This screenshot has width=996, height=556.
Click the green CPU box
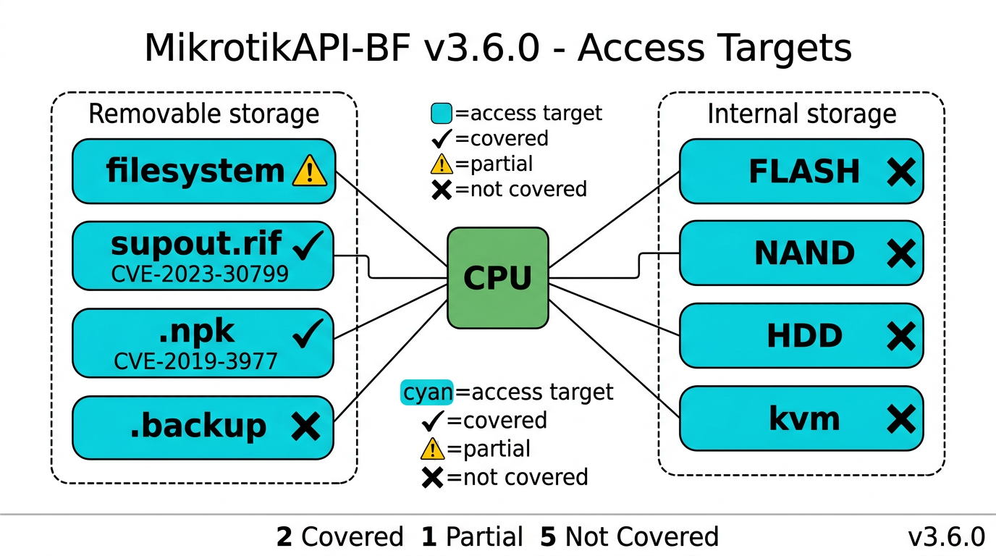click(x=497, y=279)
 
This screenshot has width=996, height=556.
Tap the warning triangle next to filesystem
click(x=310, y=172)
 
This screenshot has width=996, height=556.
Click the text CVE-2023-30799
click(x=200, y=274)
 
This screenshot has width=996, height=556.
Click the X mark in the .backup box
click(x=305, y=426)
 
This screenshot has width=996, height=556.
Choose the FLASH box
click(x=801, y=172)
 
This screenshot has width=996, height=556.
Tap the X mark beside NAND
click(x=900, y=253)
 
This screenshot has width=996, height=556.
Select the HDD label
click(x=805, y=336)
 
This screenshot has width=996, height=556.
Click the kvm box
click(x=801, y=419)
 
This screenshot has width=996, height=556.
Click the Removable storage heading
click(x=203, y=114)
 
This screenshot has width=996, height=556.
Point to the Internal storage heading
click(x=801, y=114)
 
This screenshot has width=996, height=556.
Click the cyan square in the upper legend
click(x=441, y=113)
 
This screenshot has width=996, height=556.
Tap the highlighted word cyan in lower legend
click(x=427, y=392)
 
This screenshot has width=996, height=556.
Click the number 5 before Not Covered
click(x=549, y=537)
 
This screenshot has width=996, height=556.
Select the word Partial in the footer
click(x=484, y=537)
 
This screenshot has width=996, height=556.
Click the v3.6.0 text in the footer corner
click(x=946, y=537)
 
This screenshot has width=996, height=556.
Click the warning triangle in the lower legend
click(x=432, y=449)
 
